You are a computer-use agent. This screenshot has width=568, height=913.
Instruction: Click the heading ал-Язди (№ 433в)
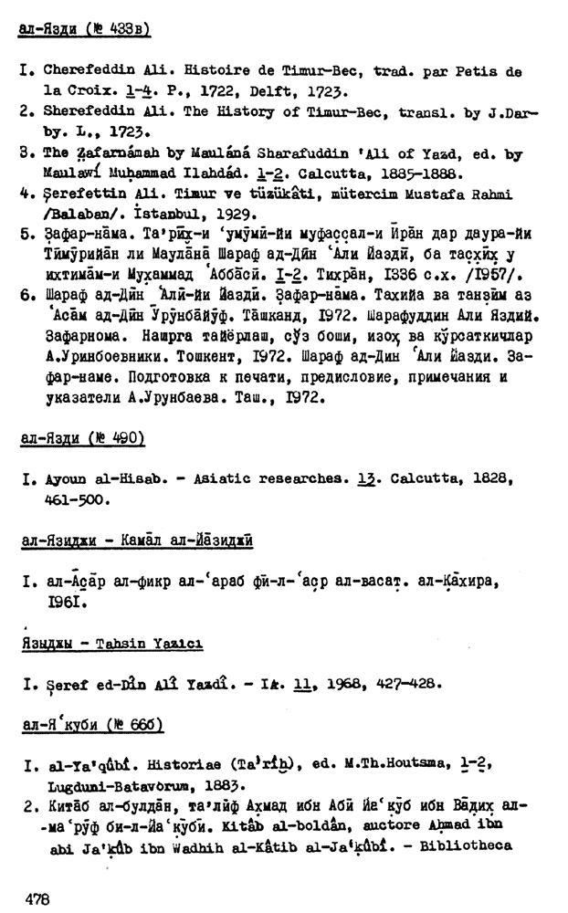click(84, 31)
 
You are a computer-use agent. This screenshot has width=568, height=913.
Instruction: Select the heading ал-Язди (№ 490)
click(82, 439)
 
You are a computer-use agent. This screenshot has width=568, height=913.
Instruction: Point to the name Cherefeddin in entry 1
click(85, 71)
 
